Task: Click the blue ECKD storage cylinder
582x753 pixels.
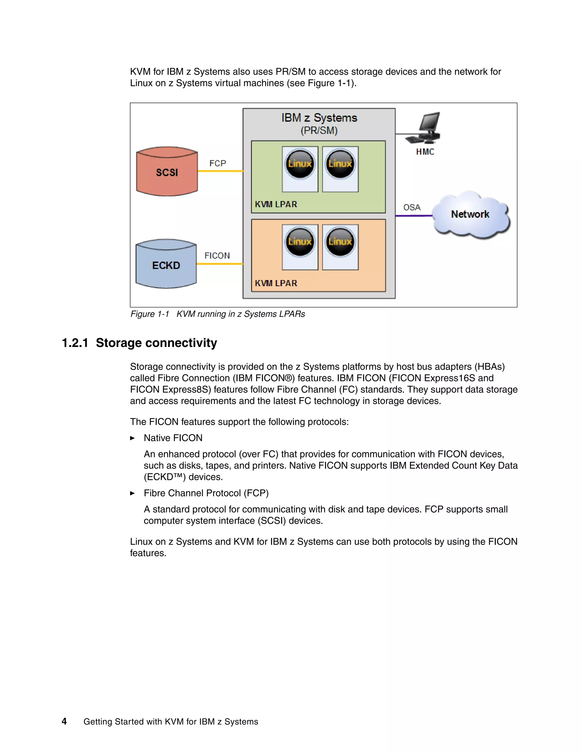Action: tap(166, 265)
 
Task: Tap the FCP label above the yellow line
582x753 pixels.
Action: tap(218, 163)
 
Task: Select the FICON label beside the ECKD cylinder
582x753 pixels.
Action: tap(217, 256)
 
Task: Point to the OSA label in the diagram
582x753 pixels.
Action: tap(412, 207)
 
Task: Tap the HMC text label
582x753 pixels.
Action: tap(425, 152)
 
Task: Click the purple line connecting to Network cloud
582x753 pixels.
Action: tap(413, 216)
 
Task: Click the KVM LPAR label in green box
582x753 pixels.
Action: tap(276, 205)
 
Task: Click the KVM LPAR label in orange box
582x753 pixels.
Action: tap(276, 283)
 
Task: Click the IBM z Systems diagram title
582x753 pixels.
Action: tap(319, 118)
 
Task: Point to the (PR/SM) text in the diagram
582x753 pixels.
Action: tap(319, 131)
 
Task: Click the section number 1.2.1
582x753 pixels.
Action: tap(75, 343)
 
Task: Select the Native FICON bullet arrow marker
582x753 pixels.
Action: tap(132, 438)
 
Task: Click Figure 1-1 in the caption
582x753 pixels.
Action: tap(150, 314)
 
